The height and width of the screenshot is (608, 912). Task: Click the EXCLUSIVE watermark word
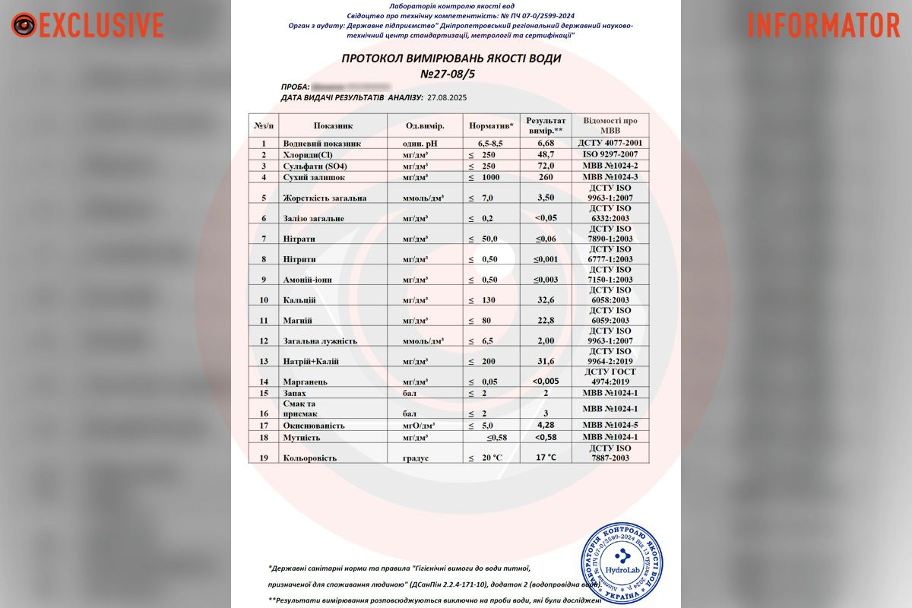pos(101,25)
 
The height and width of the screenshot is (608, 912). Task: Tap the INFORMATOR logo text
pos(824,25)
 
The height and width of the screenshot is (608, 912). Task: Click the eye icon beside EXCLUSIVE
pos(24,25)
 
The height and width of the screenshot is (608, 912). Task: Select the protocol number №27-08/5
pos(451,74)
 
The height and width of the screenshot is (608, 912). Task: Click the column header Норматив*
pos(491,125)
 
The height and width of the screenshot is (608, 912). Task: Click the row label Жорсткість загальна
pos(325,198)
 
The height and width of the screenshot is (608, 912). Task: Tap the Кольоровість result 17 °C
pos(546,458)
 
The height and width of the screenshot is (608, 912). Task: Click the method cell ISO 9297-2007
pos(610,154)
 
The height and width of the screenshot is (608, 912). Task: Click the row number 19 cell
pos(264,458)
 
